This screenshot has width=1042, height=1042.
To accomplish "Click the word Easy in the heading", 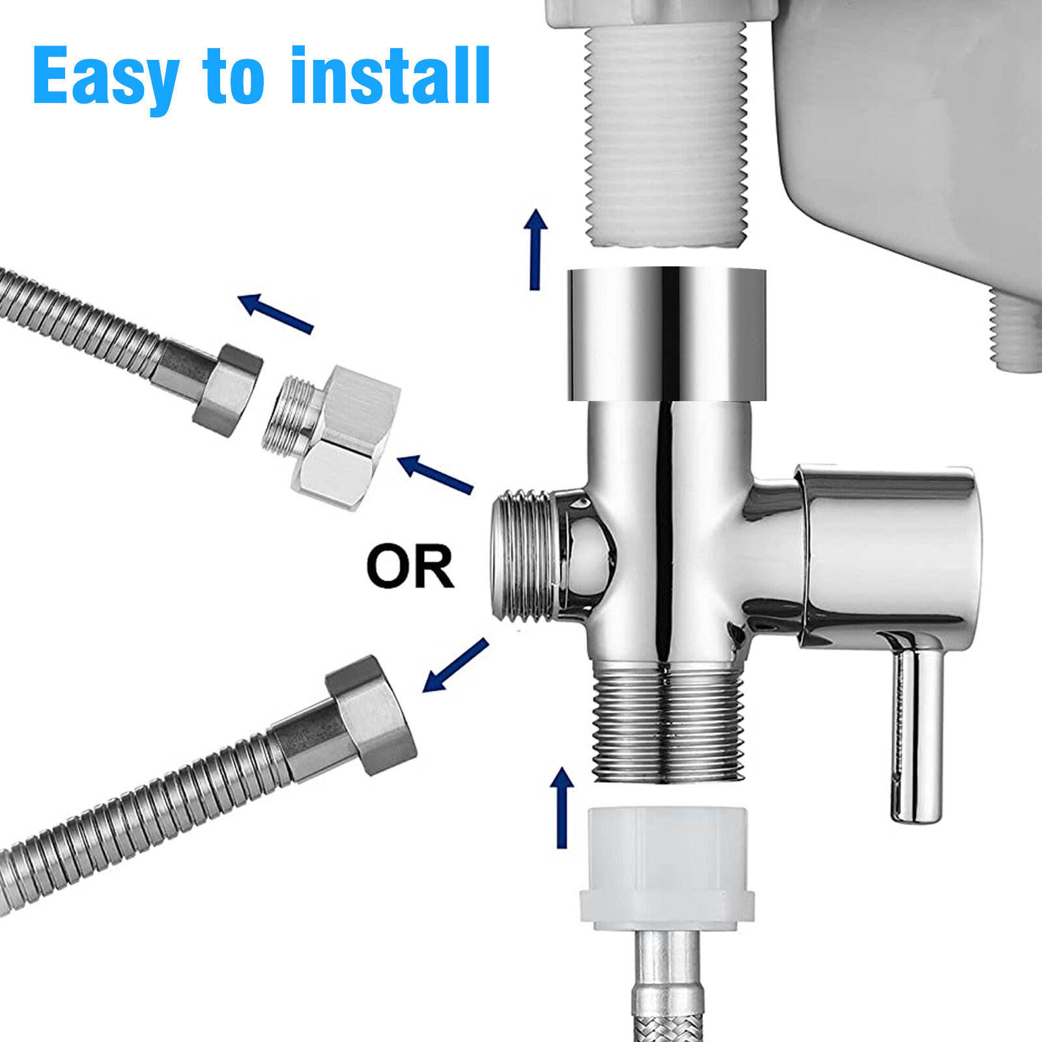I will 104,77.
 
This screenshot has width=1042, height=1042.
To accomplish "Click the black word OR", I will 410,567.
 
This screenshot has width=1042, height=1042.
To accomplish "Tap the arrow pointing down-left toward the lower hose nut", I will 455,665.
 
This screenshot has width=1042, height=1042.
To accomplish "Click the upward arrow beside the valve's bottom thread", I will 562,808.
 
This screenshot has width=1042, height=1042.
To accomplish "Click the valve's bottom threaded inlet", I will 668,723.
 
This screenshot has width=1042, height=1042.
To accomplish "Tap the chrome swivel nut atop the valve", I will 666,333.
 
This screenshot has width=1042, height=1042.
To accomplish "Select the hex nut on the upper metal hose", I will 228,389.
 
